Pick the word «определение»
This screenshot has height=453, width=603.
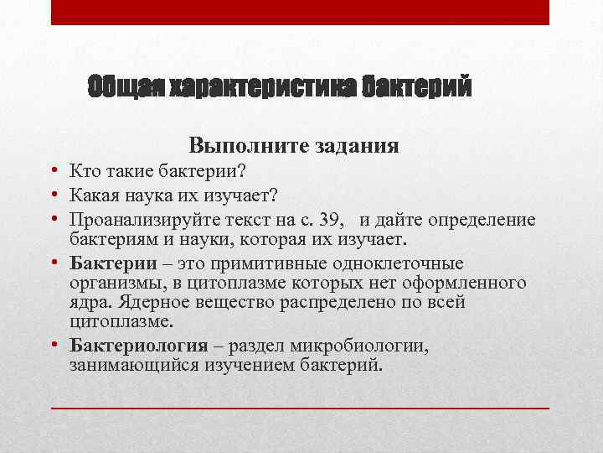point(482,220)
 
